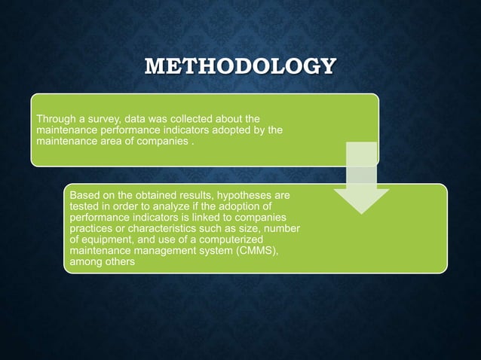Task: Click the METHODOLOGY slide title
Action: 240,66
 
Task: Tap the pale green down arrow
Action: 361,178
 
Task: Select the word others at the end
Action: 117,263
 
